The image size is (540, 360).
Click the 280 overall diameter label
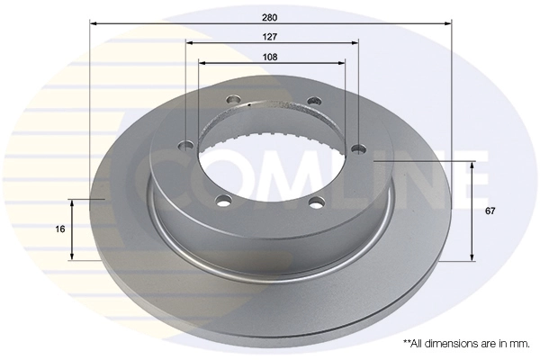270,18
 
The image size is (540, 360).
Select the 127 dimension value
270,37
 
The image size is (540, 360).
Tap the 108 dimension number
270,58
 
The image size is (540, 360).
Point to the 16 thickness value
60,229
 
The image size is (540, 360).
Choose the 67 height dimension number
490,211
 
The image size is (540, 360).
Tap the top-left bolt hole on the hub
233,100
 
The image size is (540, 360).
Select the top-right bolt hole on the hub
315,101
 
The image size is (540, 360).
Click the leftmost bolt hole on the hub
187,146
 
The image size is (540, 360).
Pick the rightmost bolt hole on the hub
358,149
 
